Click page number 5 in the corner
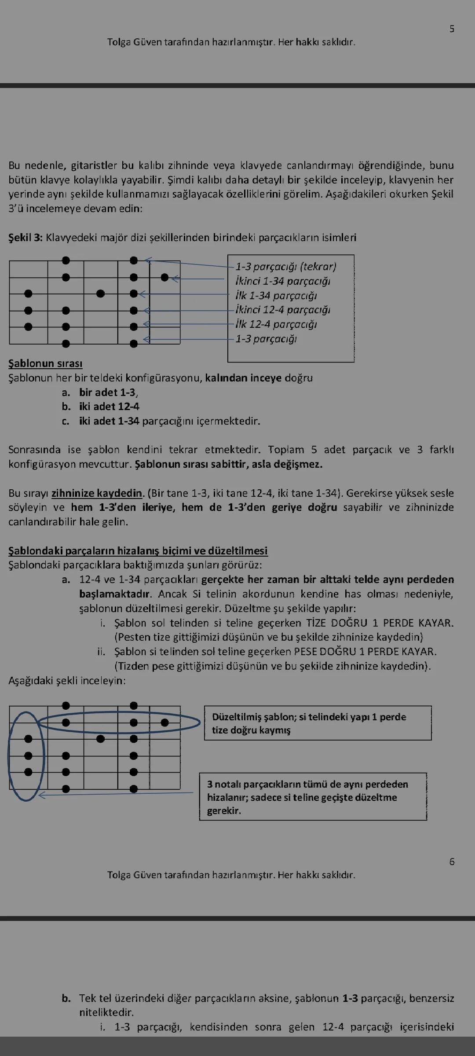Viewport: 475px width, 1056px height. pyautogui.click(x=452, y=29)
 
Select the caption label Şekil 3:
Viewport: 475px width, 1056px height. pyautogui.click(x=26, y=238)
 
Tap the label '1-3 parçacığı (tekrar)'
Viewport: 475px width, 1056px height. pyautogui.click(x=286, y=267)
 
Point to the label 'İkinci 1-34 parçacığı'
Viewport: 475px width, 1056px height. pyautogui.click(x=283, y=281)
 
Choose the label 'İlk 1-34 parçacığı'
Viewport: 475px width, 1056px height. pyautogui.click(x=276, y=296)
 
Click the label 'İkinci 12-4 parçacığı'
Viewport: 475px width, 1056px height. pyautogui.click(x=283, y=310)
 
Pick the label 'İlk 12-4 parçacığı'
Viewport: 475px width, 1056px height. pyautogui.click(x=276, y=324)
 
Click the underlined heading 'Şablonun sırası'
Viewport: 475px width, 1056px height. pyautogui.click(x=45, y=363)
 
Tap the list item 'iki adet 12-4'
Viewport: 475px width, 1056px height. pyautogui.click(x=109, y=407)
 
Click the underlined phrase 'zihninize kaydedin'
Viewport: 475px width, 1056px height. pyautogui.click(x=97, y=493)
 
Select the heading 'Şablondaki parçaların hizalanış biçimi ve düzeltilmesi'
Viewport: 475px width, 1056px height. pyautogui.click(x=138, y=551)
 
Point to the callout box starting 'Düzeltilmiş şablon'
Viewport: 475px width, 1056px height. pyautogui.click(x=318, y=723)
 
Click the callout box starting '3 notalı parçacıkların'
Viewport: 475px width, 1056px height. pyautogui.click(x=313, y=797)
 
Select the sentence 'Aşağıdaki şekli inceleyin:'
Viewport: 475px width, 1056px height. pyautogui.click(x=67, y=681)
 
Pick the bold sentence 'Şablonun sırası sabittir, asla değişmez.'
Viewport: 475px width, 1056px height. pyautogui.click(x=228, y=464)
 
